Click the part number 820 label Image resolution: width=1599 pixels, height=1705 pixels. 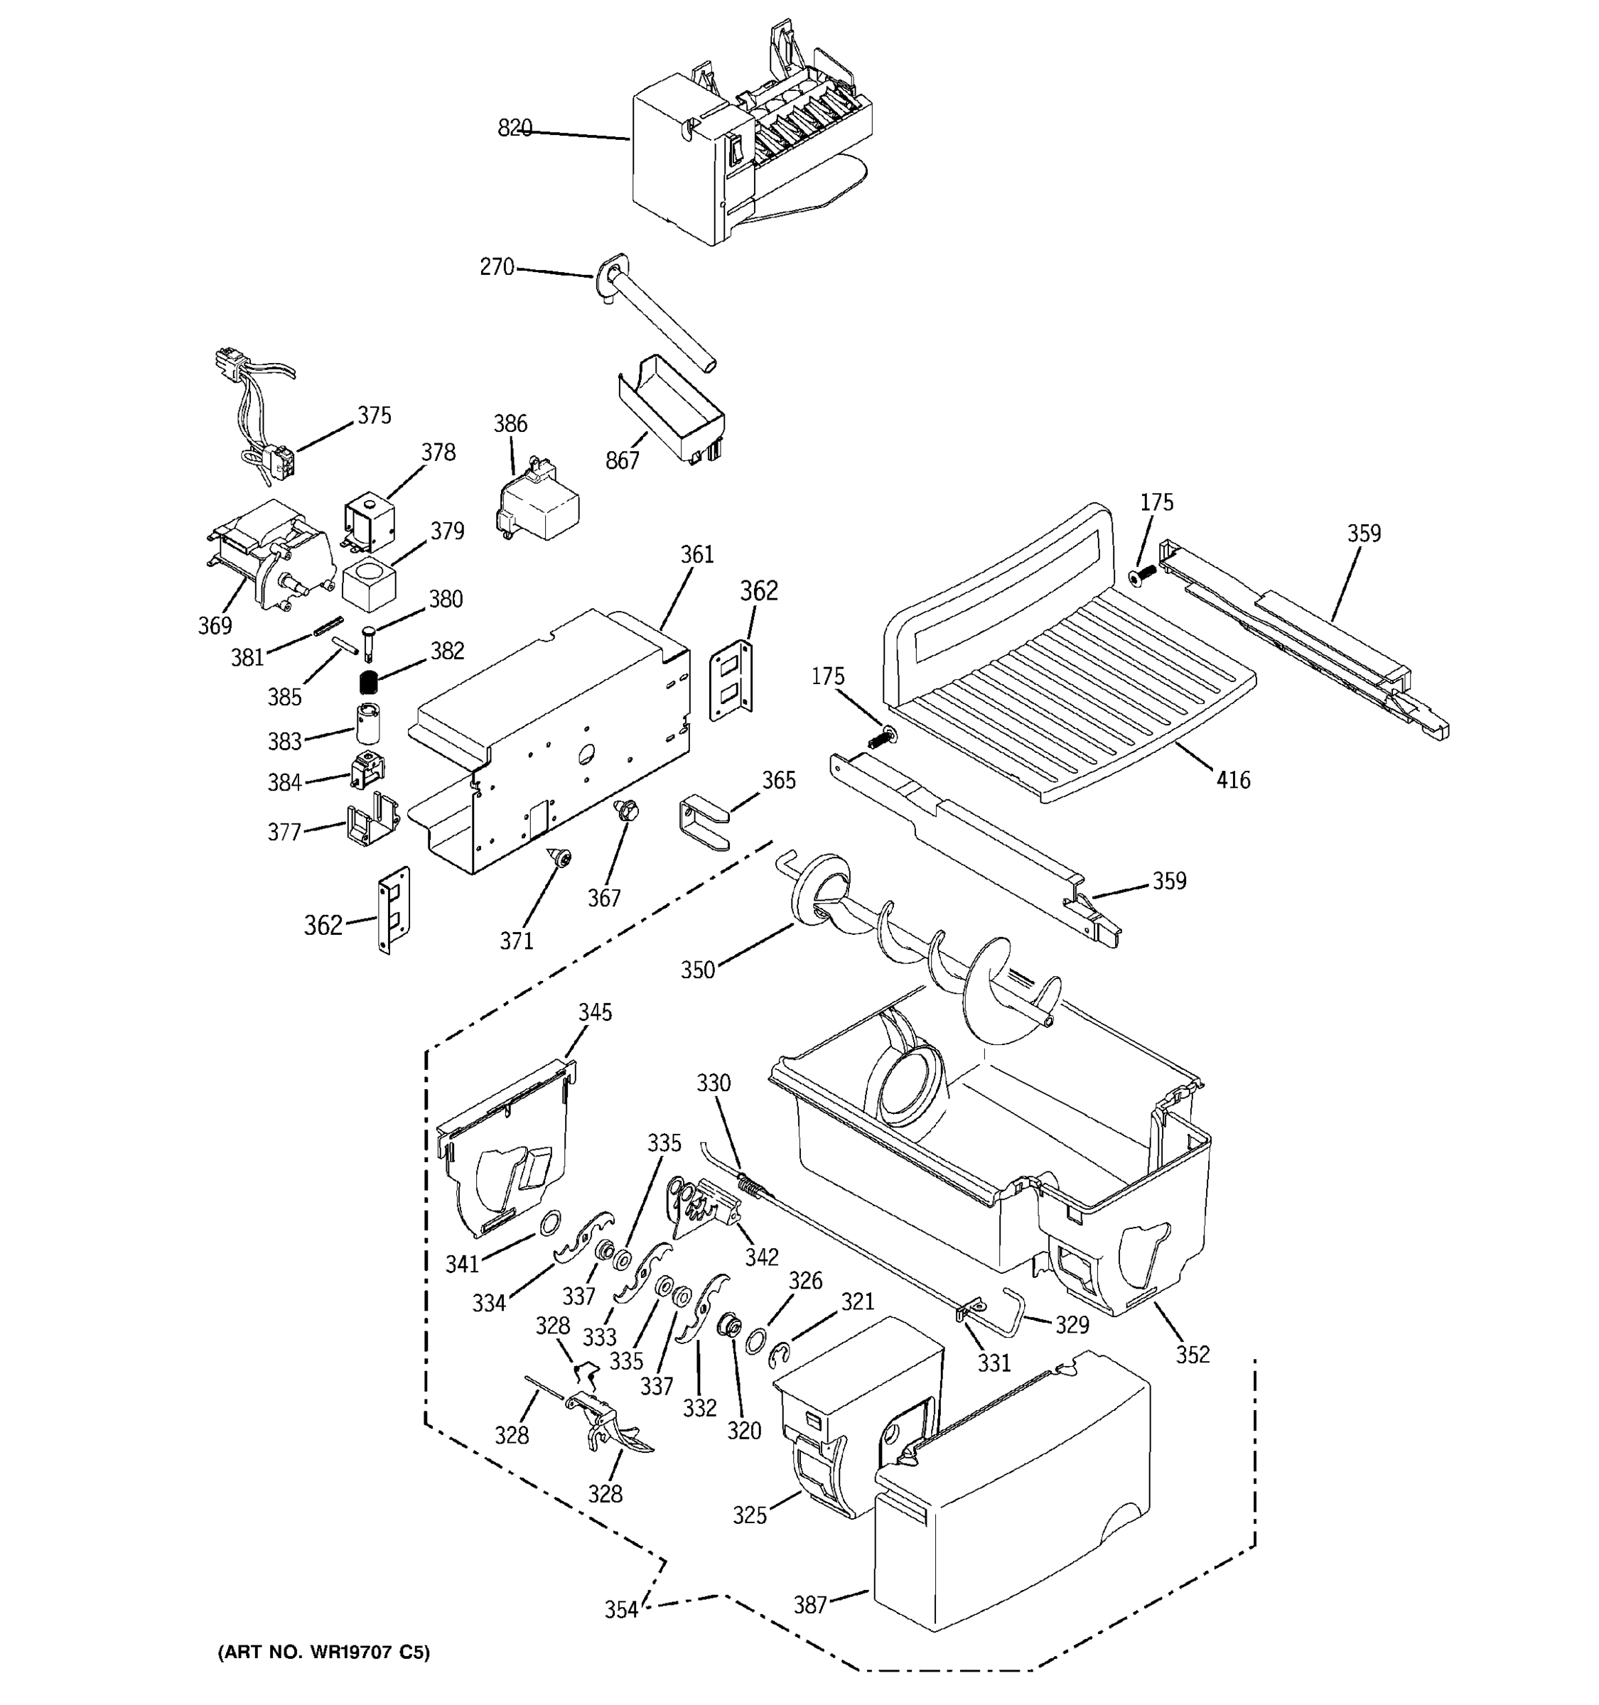pyautogui.click(x=515, y=128)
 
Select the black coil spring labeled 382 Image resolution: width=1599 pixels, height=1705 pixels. pyautogui.click(x=368, y=683)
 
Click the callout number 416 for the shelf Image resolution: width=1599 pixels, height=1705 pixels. pyautogui.click(x=1233, y=779)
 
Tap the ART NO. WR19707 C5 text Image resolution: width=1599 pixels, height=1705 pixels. pyautogui.click(x=323, y=1652)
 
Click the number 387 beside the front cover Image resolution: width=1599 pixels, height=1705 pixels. pyautogui.click(x=809, y=1604)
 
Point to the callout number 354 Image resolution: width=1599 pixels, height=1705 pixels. pyautogui.click(x=621, y=1610)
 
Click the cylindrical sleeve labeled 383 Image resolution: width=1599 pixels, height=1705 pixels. pyautogui.click(x=368, y=724)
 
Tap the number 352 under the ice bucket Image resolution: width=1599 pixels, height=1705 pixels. pyautogui.click(x=1192, y=1354)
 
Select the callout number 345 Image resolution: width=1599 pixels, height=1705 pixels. pyautogui.click(x=595, y=1012)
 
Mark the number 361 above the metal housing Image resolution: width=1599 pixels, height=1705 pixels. pyautogui.click(x=696, y=555)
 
